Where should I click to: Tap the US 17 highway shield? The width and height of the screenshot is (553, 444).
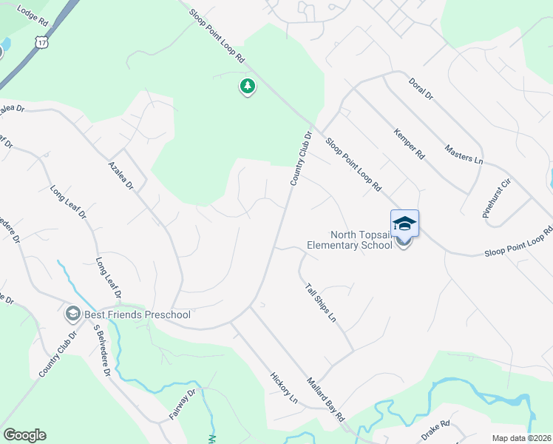pyautogui.click(x=41, y=42)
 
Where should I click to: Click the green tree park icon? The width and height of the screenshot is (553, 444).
pyautogui.click(x=247, y=87)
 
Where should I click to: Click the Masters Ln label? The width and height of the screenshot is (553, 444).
pyautogui.click(x=464, y=153)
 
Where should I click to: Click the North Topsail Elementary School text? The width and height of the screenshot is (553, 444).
pyautogui.click(x=350, y=240)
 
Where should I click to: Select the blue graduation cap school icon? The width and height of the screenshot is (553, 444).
pyautogui.click(x=404, y=223)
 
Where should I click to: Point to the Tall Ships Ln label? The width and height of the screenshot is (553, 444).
pyautogui.click(x=321, y=302)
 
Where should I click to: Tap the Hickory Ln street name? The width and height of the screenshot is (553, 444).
pyautogui.click(x=284, y=388)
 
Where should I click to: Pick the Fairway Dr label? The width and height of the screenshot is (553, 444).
pyautogui.click(x=181, y=404)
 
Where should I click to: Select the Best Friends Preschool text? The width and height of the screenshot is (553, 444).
pyautogui.click(x=138, y=314)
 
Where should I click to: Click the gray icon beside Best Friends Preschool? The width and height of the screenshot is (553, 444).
pyautogui.click(x=73, y=314)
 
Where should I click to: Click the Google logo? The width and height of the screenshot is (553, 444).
pyautogui.click(x=24, y=435)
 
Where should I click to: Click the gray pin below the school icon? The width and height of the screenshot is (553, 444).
pyautogui.click(x=404, y=242)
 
